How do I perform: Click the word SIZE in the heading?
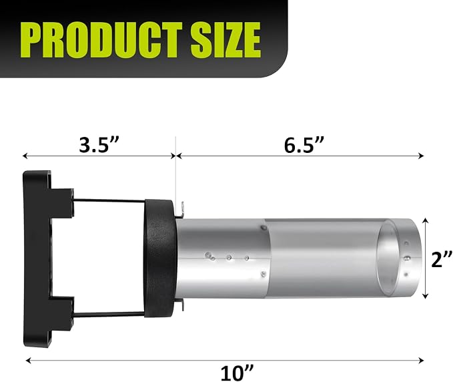click(225, 39)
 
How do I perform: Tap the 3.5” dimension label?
click(99, 145)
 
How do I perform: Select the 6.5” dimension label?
click(304, 145)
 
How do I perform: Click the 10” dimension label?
click(238, 373)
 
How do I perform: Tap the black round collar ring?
click(159, 258)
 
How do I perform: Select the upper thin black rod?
click(109, 200)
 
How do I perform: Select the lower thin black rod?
click(109, 314)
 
